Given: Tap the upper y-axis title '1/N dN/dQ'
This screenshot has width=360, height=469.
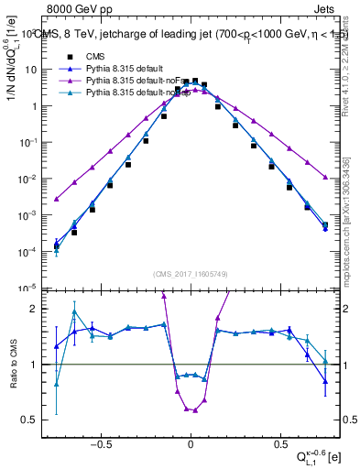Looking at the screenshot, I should pyautogui.click(x=12, y=82).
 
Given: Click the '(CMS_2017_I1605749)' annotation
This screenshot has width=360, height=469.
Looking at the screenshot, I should pyautogui.click(x=190, y=275).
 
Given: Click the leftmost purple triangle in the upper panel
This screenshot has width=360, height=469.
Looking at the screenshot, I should pyautogui.click(x=57, y=199).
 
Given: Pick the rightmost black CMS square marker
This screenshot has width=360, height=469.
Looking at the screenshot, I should pyautogui.click(x=325, y=224).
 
